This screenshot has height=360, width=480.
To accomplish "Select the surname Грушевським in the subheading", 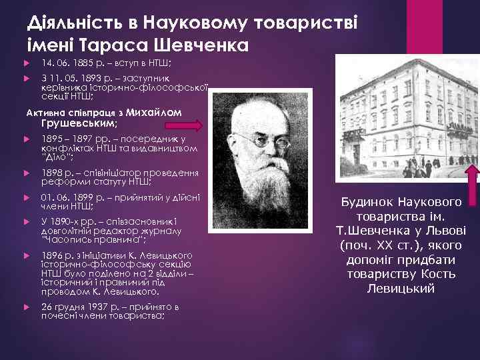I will [x=79, y=123].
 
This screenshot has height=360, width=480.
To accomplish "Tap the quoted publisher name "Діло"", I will [x=56, y=157].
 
